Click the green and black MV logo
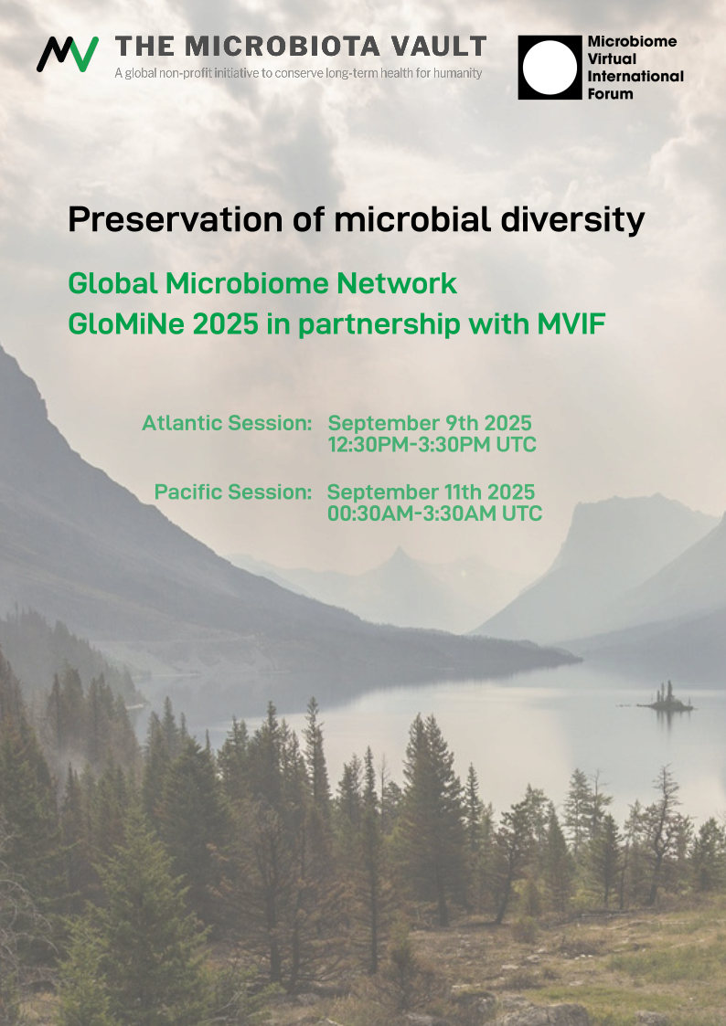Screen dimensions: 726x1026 [68, 54]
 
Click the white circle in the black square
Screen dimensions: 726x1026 [550, 68]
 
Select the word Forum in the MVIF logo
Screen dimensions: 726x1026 [610, 93]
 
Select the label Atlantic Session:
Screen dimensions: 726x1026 [227, 423]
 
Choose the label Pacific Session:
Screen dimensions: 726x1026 [233, 492]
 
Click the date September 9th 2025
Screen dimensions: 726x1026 [430, 423]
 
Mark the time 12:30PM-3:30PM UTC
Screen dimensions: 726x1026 [432, 445]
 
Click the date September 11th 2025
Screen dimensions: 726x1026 [431, 492]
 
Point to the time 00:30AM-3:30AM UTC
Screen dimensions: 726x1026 [434, 513]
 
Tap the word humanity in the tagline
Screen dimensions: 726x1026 [456, 73]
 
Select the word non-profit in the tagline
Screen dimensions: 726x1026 [186, 73]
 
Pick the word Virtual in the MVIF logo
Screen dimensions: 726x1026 [612, 58]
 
